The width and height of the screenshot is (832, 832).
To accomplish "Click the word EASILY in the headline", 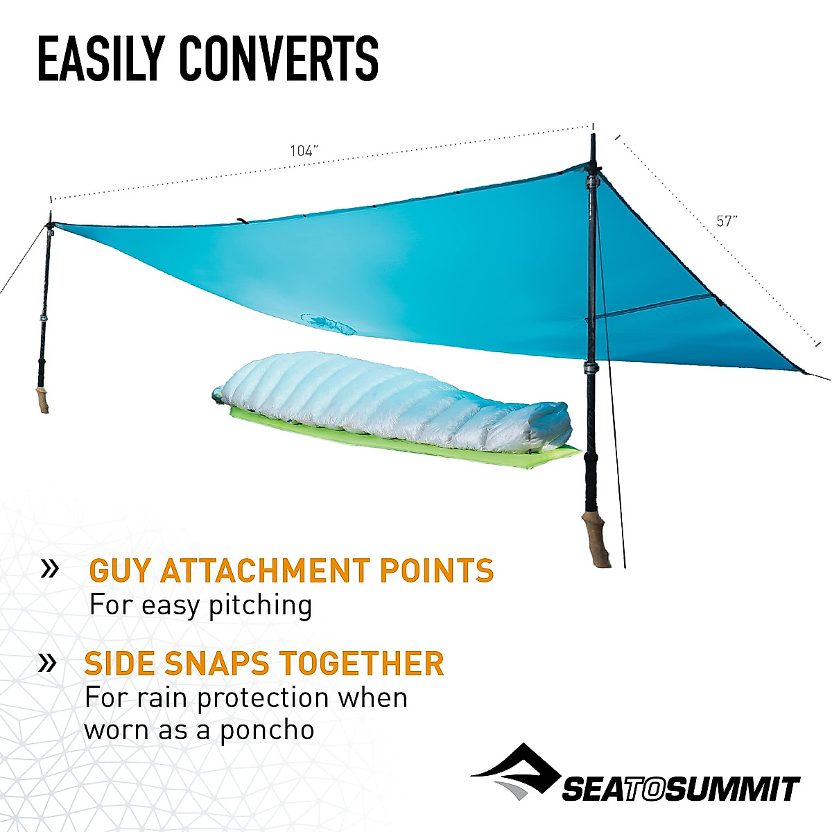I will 100,59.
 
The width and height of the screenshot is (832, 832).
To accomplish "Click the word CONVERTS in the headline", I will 279,59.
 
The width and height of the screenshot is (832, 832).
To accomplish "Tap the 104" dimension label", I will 304,151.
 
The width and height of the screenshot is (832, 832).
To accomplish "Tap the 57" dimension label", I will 727,221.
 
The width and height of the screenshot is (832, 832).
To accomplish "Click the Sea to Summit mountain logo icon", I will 517,771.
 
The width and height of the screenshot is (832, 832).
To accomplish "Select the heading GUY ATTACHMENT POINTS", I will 291,571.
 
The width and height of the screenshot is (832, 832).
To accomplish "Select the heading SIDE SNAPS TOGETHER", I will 263,664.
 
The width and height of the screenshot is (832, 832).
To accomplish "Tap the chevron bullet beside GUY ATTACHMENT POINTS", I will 50,569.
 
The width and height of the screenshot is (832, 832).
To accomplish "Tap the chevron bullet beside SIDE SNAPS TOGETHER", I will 47,663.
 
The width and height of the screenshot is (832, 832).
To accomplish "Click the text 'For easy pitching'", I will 200,605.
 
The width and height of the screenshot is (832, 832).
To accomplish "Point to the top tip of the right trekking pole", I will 593,137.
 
